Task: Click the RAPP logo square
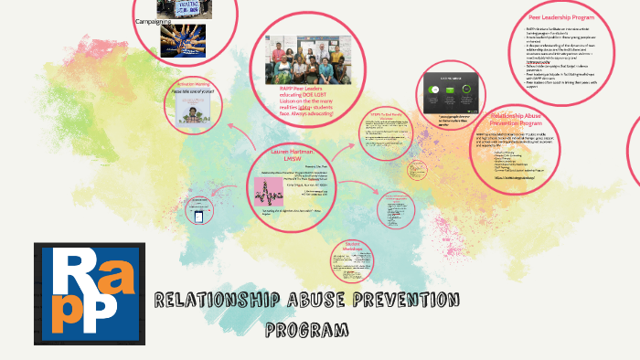pyautogui.click(x=88, y=293)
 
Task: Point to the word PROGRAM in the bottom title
pyautogui.click(x=308, y=328)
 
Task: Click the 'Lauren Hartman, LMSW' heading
pyautogui.click(x=293, y=155)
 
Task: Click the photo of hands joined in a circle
pyautogui.click(x=182, y=37)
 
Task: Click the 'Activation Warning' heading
pyautogui.click(x=193, y=83)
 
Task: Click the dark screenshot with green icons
pyautogui.click(x=451, y=92)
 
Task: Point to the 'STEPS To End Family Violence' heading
pyautogui.click(x=380, y=116)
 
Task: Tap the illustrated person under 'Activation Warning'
pyautogui.click(x=194, y=107)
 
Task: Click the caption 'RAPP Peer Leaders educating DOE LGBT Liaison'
pyautogui.click(x=305, y=95)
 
